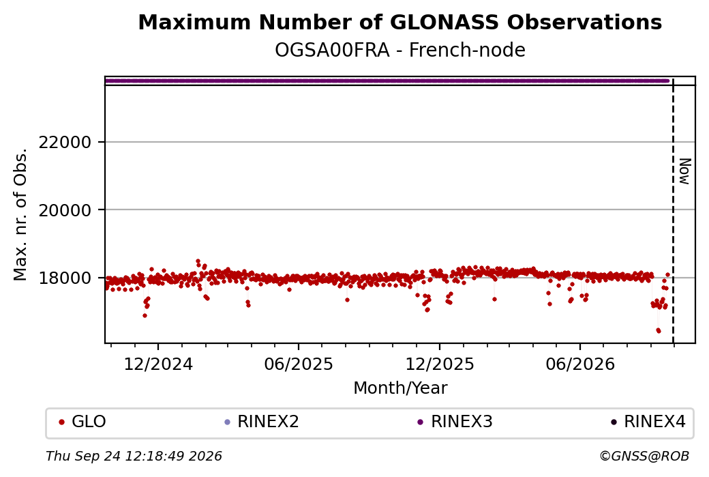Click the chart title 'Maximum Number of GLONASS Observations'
click(399, 22)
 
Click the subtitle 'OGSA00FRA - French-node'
click(399, 50)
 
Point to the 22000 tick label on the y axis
click(65, 143)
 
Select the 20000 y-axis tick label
click(65, 210)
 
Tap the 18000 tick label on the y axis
click(65, 278)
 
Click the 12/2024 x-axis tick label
click(158, 364)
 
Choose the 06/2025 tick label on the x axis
click(299, 364)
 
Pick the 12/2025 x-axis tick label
click(440, 364)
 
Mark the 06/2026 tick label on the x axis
click(580, 364)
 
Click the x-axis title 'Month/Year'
click(400, 388)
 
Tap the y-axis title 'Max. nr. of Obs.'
click(20, 214)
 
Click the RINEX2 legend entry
click(262, 422)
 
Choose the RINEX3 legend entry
click(455, 422)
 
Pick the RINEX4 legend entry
click(648, 422)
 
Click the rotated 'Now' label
click(685, 171)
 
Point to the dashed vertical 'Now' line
click(674, 210)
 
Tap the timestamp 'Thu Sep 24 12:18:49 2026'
click(134, 456)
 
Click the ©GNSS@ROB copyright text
click(644, 456)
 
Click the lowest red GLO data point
click(659, 331)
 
